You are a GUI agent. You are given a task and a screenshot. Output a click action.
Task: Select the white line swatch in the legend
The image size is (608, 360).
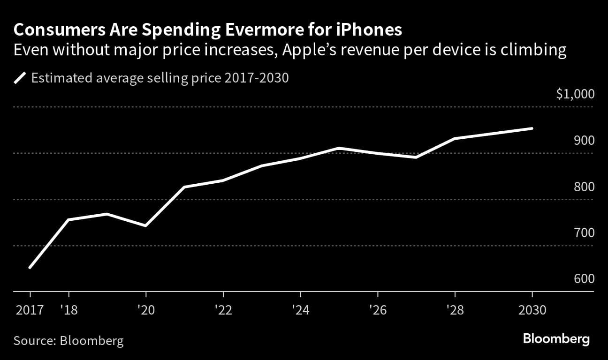click(x=21, y=77)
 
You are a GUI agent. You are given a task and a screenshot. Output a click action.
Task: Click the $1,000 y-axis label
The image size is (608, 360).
click(x=575, y=94)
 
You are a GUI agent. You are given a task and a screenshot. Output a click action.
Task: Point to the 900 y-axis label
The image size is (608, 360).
click(x=584, y=141)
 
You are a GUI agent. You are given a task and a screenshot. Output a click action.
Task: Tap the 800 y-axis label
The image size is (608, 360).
click(x=584, y=187)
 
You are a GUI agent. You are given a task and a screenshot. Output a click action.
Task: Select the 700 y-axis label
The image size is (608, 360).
click(x=584, y=233)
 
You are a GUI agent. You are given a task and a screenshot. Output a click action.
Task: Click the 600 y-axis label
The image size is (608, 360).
click(x=584, y=279)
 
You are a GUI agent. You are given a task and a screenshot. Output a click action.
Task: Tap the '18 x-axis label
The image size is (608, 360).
click(x=69, y=310)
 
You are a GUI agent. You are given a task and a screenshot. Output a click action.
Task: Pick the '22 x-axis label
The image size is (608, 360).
click(x=223, y=310)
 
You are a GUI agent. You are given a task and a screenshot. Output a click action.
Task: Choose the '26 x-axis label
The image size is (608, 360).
click(x=377, y=310)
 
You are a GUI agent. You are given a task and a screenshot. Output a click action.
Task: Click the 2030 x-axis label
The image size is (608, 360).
click(x=532, y=310)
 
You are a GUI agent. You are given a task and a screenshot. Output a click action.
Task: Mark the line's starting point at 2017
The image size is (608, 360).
click(x=30, y=268)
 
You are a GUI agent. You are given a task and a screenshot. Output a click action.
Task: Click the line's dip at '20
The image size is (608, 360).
click(x=146, y=226)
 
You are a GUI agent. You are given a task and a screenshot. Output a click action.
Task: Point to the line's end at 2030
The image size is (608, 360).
click(x=532, y=128)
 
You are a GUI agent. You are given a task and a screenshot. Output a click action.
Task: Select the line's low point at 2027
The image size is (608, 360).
click(x=416, y=157)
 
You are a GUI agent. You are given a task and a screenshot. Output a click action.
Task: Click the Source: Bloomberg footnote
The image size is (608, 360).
click(x=68, y=340)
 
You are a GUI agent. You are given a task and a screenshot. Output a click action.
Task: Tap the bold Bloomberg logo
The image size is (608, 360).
click(x=556, y=339)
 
